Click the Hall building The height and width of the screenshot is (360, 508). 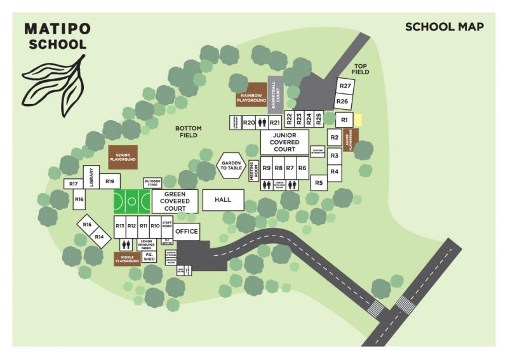coord(222,200)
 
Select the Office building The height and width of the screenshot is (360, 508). coord(187,232)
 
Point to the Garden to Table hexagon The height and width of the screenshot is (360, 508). coord(231,165)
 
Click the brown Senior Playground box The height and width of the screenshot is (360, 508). coord(123,156)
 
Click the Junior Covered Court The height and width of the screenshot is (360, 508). coord(284,142)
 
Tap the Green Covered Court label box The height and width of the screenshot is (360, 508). coord(175,201)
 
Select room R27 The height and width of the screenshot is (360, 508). coord(345,86)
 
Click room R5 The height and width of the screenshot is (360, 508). coord(319,183)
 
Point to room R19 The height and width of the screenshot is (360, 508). coord(110,182)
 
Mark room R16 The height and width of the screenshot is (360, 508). coord(79,199)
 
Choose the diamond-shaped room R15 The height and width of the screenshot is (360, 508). coord(87,224)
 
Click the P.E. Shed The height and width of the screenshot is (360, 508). coord(149,257)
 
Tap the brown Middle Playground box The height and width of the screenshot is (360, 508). coord(127,258)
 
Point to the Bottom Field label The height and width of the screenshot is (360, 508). coord(189,131)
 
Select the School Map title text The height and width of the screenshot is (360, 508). coord(444,27)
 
